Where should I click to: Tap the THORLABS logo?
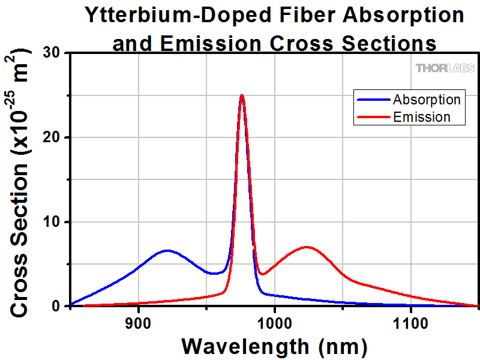point(441,68)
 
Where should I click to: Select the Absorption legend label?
point(427,99)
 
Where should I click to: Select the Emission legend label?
point(422,116)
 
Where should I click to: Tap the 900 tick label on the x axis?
point(139,323)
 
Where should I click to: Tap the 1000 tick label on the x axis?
point(274,323)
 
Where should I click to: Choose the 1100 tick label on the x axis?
point(410,323)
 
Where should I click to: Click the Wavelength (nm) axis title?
point(274,346)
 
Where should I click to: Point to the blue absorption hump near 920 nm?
point(166,250)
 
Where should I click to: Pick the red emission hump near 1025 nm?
point(307,247)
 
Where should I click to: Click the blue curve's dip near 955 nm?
point(214,274)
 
